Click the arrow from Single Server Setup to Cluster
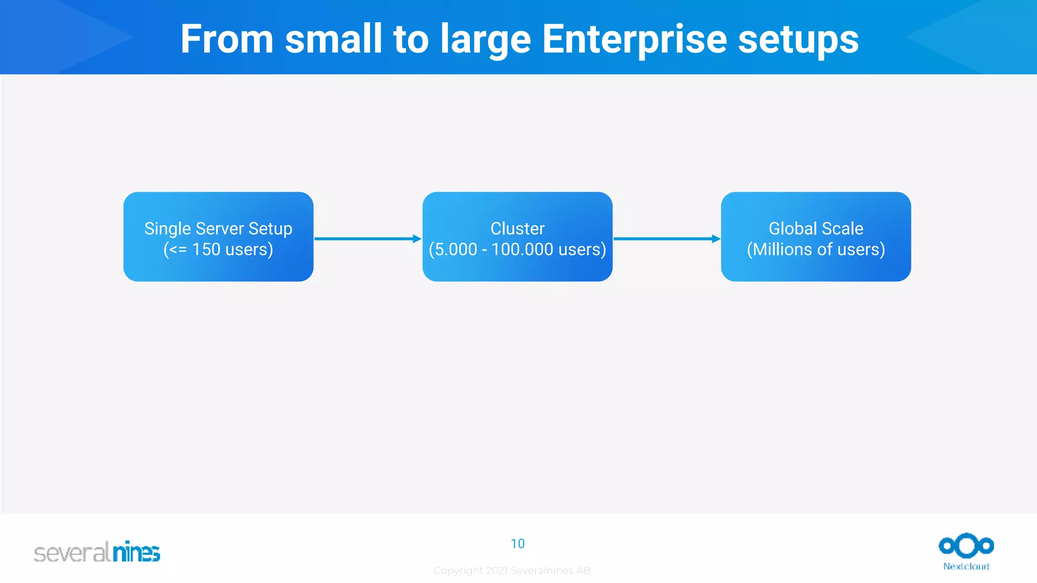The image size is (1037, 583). tap(368, 238)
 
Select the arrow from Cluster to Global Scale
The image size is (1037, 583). tap(666, 238)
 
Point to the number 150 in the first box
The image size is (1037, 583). tap(206, 249)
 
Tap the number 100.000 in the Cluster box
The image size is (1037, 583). tap(522, 249)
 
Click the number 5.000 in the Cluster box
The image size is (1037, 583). tap(456, 249)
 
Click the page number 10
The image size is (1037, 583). tap(517, 544)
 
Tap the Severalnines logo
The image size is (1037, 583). tap(97, 552)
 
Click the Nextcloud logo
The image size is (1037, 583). tap(966, 552)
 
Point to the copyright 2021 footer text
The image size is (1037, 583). tap(512, 570)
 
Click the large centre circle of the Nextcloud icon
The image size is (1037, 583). tap(966, 546)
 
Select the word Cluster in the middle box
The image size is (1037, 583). tap(517, 229)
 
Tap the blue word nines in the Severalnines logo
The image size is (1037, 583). tap(136, 552)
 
